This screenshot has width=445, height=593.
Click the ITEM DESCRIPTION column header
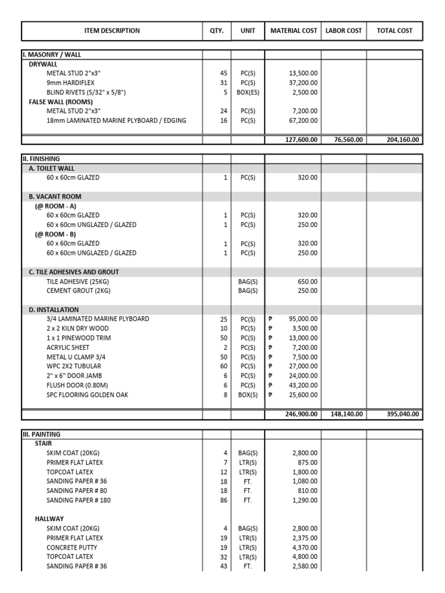[x=112, y=31]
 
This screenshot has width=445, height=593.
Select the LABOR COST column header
[x=344, y=31]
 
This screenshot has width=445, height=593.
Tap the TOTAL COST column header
[x=395, y=31]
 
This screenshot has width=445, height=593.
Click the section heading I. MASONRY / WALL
[x=52, y=54]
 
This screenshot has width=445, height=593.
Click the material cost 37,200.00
[x=303, y=83]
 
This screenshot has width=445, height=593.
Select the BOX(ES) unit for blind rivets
[x=247, y=92]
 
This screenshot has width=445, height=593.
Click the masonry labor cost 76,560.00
[x=346, y=140]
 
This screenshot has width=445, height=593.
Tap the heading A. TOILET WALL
[x=52, y=169]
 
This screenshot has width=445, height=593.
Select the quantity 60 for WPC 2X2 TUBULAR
[x=224, y=366]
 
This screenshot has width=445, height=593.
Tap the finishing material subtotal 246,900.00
[x=301, y=414]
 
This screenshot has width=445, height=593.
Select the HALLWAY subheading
[x=49, y=519]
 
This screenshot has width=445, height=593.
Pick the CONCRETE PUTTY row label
[x=72, y=547]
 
